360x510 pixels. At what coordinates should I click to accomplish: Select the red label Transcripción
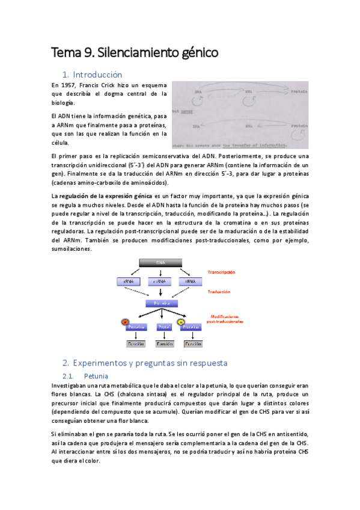pos(221,272)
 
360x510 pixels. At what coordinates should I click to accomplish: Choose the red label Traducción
pos(219,292)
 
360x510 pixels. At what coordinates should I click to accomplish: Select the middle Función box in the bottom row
pos(165,344)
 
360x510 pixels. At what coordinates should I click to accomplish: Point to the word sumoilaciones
pos(72,248)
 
